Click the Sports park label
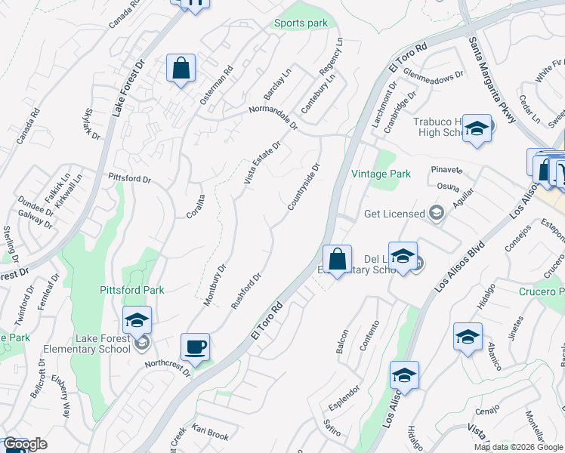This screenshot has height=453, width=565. (x=301, y=23)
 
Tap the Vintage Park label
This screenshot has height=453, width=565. (x=381, y=174)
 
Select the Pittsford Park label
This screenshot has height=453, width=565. (x=132, y=290)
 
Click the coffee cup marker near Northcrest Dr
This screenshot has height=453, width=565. (x=196, y=347)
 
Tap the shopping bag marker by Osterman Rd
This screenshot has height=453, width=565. (x=181, y=69)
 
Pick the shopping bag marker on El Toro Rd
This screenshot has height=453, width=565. (x=337, y=260)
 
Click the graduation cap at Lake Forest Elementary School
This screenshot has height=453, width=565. (x=137, y=321)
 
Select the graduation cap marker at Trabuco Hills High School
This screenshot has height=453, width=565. (x=477, y=129)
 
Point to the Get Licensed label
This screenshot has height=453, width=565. (x=394, y=214)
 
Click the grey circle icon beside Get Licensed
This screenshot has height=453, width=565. (x=435, y=214)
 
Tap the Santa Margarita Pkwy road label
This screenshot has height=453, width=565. (x=492, y=80)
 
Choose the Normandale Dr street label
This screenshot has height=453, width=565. (x=275, y=118)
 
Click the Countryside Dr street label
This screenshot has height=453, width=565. (x=304, y=186)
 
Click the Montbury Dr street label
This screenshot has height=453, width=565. (x=215, y=284)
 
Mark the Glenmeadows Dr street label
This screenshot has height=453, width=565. (x=434, y=75)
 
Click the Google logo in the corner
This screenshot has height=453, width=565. (x=25, y=444)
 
